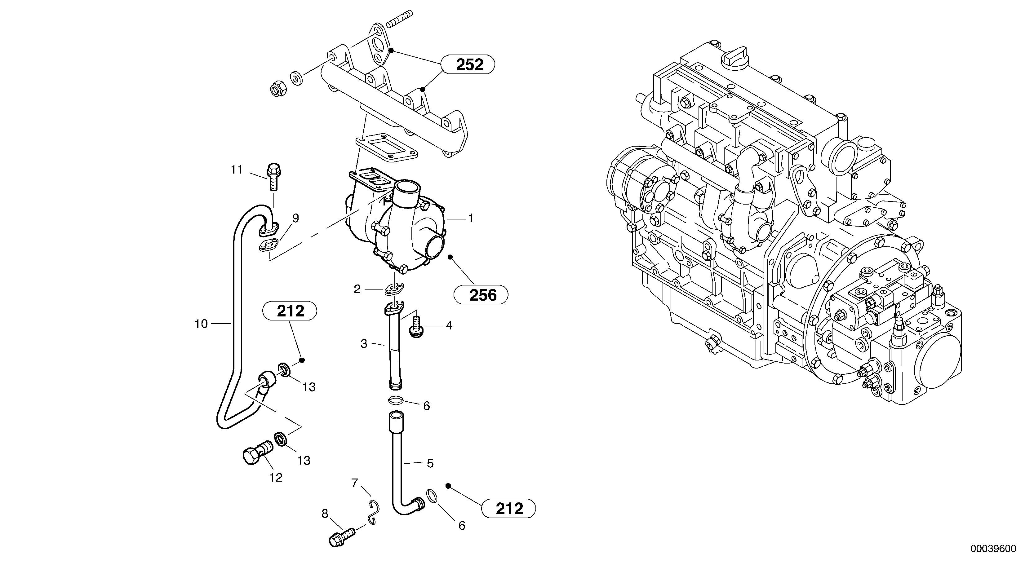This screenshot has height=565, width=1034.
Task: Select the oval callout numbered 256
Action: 481,295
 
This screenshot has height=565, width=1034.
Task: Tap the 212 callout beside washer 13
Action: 290,311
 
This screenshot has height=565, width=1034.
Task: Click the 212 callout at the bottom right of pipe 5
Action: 508,508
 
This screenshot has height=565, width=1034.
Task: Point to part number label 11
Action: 237,170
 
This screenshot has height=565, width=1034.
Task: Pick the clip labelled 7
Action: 374,512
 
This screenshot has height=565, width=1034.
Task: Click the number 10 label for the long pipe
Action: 201,324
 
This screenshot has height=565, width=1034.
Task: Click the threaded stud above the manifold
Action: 400,19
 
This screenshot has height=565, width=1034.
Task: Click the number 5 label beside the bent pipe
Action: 430,463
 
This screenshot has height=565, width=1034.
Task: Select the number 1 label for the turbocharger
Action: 470,219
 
